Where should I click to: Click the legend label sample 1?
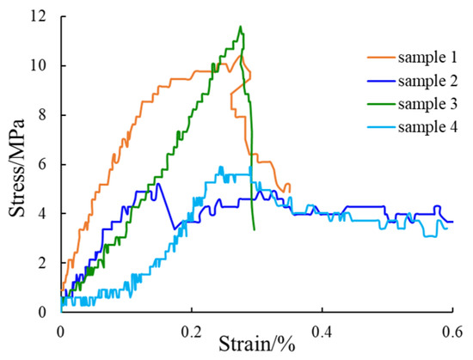(427, 58)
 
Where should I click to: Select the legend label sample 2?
(427, 81)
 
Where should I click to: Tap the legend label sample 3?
(427, 104)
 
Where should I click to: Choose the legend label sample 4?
(427, 127)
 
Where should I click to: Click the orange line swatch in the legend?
(381, 57)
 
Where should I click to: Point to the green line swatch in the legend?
(381, 104)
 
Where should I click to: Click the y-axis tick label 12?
(42, 16)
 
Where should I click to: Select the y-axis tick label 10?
(42, 65)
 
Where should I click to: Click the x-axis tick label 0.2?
(192, 332)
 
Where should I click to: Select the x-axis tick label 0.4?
(322, 332)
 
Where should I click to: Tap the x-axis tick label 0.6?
(452, 332)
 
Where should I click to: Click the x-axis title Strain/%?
(257, 345)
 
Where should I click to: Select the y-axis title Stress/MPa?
(16, 168)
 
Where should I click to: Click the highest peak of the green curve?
(241, 27)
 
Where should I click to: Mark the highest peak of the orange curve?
(242, 55)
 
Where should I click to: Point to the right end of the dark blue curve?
(452, 222)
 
